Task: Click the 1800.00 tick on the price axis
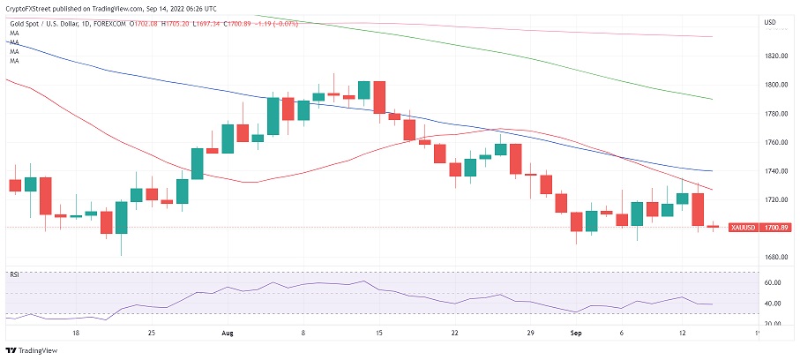776,85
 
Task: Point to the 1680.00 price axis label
776,258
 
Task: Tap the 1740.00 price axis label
776,171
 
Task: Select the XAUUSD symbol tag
742,227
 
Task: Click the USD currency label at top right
769,22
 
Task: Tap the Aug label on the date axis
228,334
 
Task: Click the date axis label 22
453,334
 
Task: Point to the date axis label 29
530,334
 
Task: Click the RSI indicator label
13,274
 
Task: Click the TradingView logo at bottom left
35,349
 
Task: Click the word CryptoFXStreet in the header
28,6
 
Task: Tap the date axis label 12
682,334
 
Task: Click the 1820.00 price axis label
776,56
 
